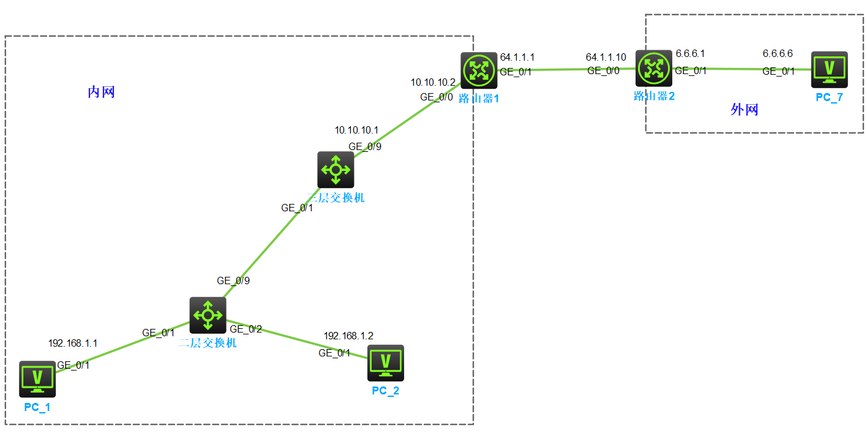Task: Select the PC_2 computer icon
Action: (386, 363)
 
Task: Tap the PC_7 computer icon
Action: (830, 69)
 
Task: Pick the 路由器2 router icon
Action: (654, 69)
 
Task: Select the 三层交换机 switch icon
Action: (336, 170)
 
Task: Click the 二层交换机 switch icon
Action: (208, 315)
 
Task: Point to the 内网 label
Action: (102, 92)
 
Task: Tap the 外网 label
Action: (745, 110)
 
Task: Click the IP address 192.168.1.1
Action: (73, 344)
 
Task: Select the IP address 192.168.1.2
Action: (348, 336)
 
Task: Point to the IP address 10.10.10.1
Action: (356, 130)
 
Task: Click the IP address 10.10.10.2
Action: (433, 82)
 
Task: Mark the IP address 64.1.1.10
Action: (606, 57)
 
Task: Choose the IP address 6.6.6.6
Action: (778, 54)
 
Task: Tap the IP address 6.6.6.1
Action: (690, 54)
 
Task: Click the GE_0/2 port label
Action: (246, 329)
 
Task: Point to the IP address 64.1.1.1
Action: (517, 57)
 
